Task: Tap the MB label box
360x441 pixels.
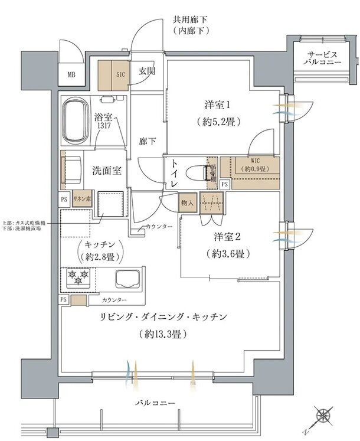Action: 71,74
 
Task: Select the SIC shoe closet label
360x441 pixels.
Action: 120,74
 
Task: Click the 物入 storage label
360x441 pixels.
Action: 188,202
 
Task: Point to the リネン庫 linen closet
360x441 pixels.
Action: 81,199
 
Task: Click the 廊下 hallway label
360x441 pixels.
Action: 147,142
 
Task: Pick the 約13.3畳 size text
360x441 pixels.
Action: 163,334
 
